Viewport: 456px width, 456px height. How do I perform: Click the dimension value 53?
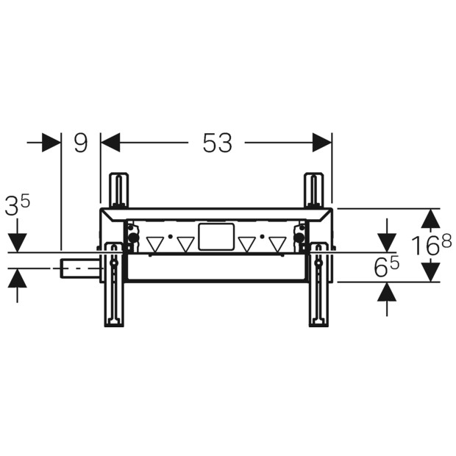tap(218, 143)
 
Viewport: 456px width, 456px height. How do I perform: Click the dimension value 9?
tap(81, 143)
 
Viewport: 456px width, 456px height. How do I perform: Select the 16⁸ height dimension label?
tap(432, 245)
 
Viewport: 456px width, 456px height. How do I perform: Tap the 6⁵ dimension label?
tap(387, 267)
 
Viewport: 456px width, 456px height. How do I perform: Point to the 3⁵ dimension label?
tap(18, 205)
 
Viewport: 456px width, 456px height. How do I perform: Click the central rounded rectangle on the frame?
tap(216, 237)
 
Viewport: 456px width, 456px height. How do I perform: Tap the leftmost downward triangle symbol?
tap(155, 244)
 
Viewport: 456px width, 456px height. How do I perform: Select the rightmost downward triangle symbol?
tap(278, 244)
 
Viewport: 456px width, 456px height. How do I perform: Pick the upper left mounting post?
tap(118, 190)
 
